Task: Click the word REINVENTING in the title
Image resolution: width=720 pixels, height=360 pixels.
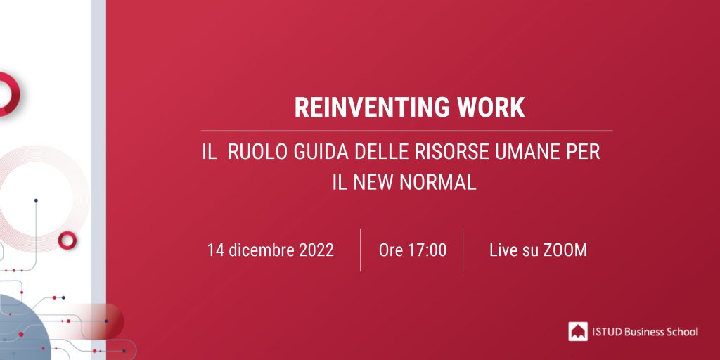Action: [x=370, y=108]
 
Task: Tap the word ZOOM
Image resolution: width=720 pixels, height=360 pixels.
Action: [x=565, y=250]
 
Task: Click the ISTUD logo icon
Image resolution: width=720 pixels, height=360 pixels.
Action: [x=578, y=331]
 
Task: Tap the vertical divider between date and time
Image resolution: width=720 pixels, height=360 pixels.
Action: [x=361, y=250]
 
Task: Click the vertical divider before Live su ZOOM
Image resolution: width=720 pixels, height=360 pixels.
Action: [x=463, y=250]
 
